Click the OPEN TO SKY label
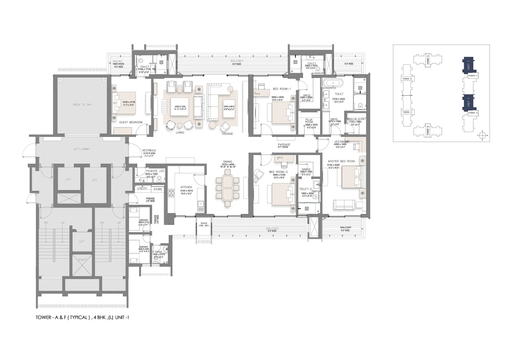[x=82, y=105]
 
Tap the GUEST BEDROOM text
[x=130, y=122]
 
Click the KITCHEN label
[x=186, y=187]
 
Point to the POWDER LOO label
[x=155, y=171]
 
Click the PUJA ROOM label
[x=309, y=121]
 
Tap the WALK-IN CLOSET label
[x=356, y=119]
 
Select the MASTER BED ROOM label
[x=341, y=161]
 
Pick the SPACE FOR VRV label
[x=204, y=225]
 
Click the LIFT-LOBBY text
[x=82, y=149]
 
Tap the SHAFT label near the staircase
[x=82, y=260]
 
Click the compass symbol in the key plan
[x=482, y=135]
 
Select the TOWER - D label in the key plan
[x=407, y=79]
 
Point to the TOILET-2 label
[x=305, y=189]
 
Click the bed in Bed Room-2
[x=283, y=194]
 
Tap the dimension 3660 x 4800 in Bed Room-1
[x=278, y=97]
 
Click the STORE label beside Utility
[x=158, y=189]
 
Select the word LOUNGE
[x=228, y=134]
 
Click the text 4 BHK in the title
[x=99, y=317]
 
